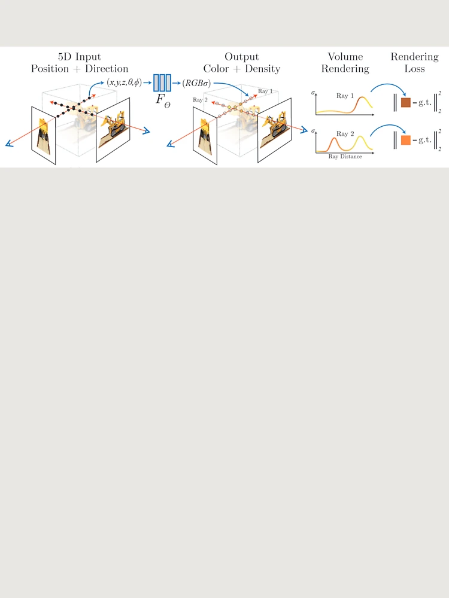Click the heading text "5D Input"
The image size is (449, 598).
pos(80,57)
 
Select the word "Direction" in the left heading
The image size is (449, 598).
pos(107,69)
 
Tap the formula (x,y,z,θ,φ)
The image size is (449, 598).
pos(124,83)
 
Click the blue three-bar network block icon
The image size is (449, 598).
pos(162,83)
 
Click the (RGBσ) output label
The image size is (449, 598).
pos(196,83)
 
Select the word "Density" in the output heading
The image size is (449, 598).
pos(263,69)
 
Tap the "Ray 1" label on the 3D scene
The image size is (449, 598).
pos(265,91)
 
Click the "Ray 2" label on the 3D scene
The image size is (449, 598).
pos(200,100)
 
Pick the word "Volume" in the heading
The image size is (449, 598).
pos(345,57)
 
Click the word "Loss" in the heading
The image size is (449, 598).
pos(415,69)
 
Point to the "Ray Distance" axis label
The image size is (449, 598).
pos(345,156)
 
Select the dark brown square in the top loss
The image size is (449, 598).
pos(406,102)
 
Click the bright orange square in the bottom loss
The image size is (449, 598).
pos(406,140)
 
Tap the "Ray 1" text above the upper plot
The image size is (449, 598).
pos(345,96)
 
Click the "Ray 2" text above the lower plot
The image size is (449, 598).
pos(345,134)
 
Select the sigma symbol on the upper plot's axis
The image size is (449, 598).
pos(313,93)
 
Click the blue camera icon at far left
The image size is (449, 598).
pos(10,144)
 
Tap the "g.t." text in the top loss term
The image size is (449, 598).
pos(425,103)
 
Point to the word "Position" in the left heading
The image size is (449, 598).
pos(50,69)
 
